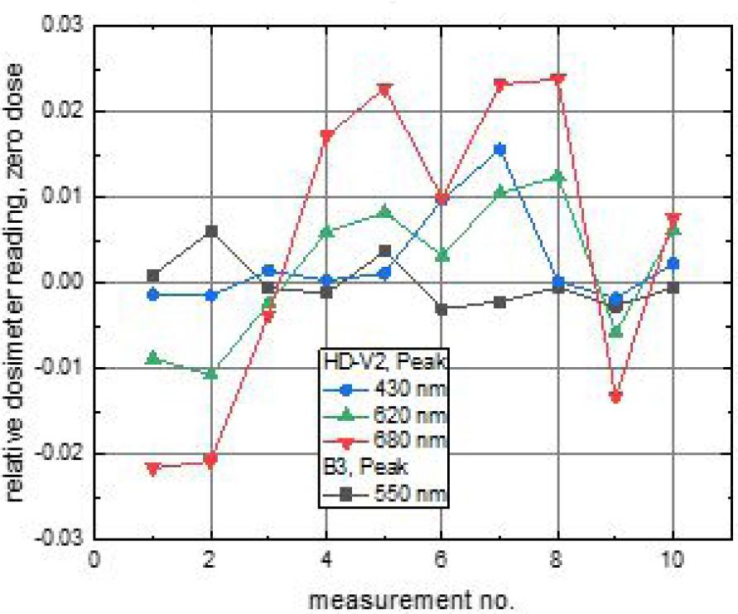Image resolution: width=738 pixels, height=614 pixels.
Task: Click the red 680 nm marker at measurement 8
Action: [557, 80]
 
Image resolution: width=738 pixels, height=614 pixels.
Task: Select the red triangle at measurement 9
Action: [615, 396]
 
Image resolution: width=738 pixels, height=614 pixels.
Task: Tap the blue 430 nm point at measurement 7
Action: [499, 150]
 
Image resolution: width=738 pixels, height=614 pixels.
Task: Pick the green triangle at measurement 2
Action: [210, 374]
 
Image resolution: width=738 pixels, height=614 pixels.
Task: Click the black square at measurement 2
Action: [210, 231]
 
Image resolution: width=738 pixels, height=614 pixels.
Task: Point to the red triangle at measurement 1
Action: [152, 468]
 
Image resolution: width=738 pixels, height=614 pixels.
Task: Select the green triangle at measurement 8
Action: [557, 176]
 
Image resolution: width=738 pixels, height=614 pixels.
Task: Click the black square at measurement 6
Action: [441, 309]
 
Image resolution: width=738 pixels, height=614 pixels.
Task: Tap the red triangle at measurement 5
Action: [383, 89]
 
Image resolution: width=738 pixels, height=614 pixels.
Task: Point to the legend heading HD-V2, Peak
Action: [383, 362]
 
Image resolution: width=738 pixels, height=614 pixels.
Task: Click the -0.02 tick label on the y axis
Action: [61, 453]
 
